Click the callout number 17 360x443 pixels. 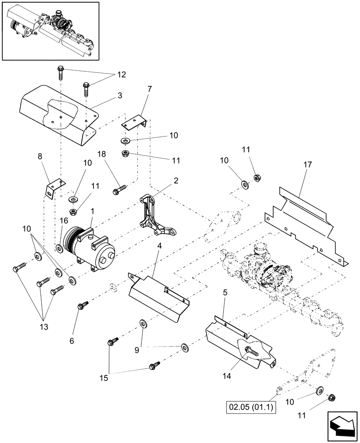click(x=307, y=164)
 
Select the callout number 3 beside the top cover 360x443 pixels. click(x=108, y=96)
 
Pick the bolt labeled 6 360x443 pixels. click(x=82, y=305)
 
